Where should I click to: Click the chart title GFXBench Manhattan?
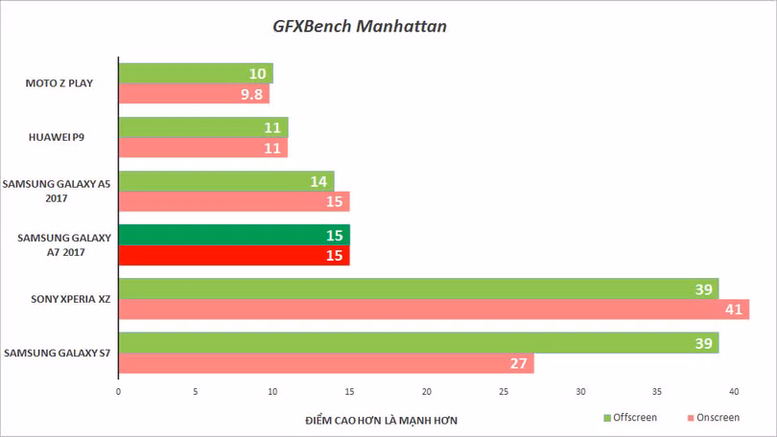pyautogui.click(x=360, y=26)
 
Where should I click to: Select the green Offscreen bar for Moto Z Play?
pyautogui.click(x=196, y=73)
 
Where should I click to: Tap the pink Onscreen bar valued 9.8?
pyautogui.click(x=194, y=94)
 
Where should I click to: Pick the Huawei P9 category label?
pyautogui.click(x=57, y=137)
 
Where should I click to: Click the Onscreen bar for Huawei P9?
pyautogui.click(x=203, y=148)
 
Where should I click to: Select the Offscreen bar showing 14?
pyautogui.click(x=226, y=181)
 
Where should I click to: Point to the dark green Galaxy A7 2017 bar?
pyautogui.click(x=234, y=235)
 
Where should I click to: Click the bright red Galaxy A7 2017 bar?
pyautogui.click(x=234, y=255)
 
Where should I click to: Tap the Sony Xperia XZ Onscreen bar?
pyautogui.click(x=435, y=309)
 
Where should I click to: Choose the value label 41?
pyautogui.click(x=734, y=310)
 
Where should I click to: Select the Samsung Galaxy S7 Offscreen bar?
pyautogui.click(x=419, y=343)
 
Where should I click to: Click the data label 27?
pyautogui.click(x=518, y=363)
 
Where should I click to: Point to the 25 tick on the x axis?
pyautogui.click(x=504, y=391)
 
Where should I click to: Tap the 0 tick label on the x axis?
pyautogui.click(x=118, y=391)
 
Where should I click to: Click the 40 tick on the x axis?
pyautogui.click(x=734, y=391)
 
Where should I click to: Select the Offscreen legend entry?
pyautogui.click(x=630, y=418)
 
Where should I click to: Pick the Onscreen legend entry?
pyautogui.click(x=714, y=418)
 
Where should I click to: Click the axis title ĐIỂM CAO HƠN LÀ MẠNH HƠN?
pyautogui.click(x=381, y=421)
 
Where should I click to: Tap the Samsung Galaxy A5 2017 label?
pyautogui.click(x=57, y=191)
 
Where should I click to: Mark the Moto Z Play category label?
pyautogui.click(x=59, y=83)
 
